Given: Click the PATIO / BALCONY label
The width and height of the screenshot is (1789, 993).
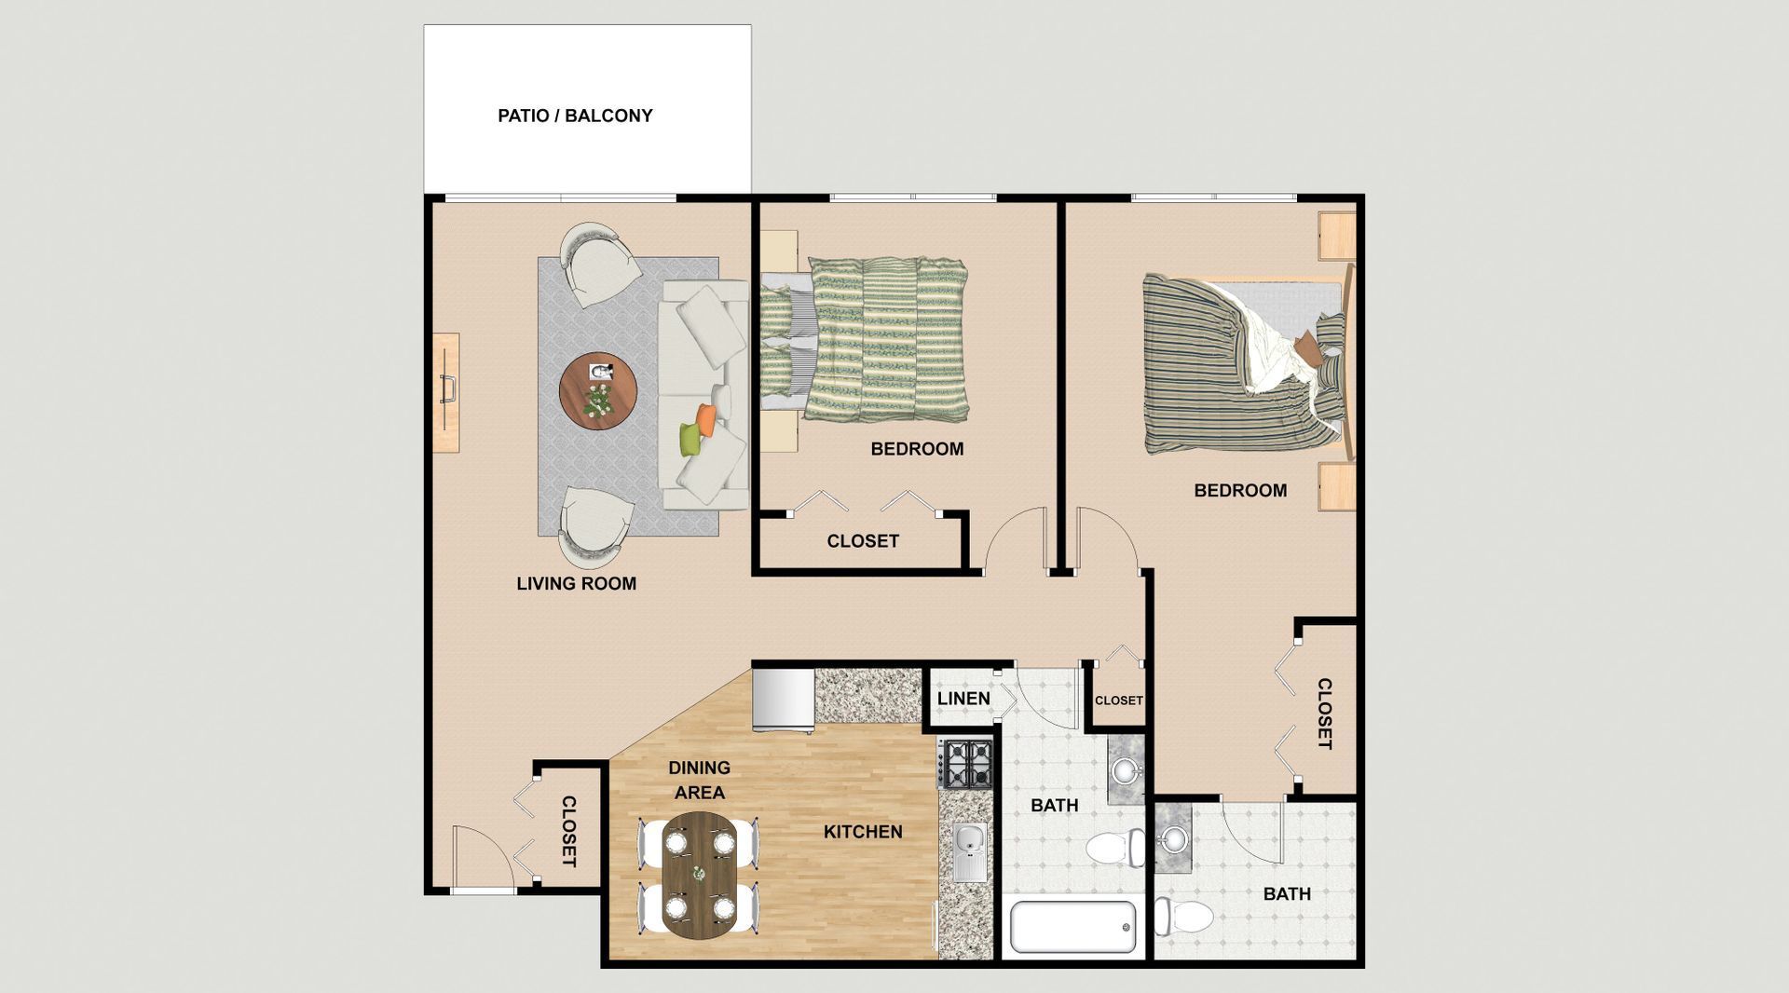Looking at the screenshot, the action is pos(575,116).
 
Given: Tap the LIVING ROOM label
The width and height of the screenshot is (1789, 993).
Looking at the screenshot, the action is pos(576,583).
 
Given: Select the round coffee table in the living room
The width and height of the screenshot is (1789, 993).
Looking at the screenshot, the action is pos(598,391).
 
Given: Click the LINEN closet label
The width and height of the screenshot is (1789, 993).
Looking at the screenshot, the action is pos(963,698).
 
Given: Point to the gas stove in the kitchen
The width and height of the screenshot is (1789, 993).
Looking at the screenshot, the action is pos(966,763).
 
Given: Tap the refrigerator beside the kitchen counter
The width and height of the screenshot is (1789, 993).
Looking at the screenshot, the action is pos(784,700).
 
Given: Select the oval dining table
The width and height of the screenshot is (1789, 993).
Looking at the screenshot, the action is pos(699,875).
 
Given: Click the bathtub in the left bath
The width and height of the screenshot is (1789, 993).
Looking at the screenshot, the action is pos(1073,926).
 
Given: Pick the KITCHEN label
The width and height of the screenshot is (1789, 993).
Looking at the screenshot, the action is pos(863,832).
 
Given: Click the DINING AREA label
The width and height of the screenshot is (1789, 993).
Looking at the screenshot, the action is pos(699,780).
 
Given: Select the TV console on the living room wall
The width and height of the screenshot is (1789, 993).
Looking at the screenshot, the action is pos(447,392).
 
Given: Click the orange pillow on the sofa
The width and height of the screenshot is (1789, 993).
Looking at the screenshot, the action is pos(706,418).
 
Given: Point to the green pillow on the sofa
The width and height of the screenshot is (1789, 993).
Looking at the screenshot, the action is pos(689,439).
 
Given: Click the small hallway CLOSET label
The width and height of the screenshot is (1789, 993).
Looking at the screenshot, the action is pos(1118,701).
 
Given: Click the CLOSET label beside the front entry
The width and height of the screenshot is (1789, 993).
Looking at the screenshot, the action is pos(568,831).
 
